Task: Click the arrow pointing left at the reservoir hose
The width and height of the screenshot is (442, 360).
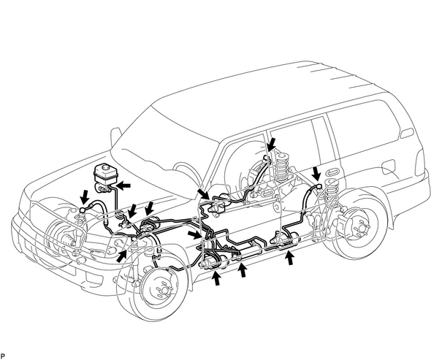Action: pyautogui.click(x=123, y=185)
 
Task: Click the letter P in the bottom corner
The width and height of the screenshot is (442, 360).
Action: pyautogui.click(x=3, y=356)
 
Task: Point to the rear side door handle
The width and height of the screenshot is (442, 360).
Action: pyautogui.click(x=334, y=172)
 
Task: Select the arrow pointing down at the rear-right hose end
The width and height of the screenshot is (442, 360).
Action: pyautogui.click(x=316, y=173)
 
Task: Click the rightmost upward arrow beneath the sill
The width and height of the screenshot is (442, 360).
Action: pyautogui.click(x=291, y=258)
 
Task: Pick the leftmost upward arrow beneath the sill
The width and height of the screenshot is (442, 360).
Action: pyautogui.click(x=216, y=277)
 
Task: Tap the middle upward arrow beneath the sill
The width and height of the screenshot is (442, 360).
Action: pyautogui.click(x=243, y=270)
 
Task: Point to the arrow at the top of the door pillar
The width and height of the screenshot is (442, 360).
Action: pyautogui.click(x=272, y=145)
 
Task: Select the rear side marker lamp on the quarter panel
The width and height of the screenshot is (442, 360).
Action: pyautogui.click(x=407, y=133)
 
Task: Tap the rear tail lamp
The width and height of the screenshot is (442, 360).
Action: pyautogui.click(x=420, y=163)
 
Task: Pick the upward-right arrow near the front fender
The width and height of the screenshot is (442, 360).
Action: pyautogui.click(x=122, y=256)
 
